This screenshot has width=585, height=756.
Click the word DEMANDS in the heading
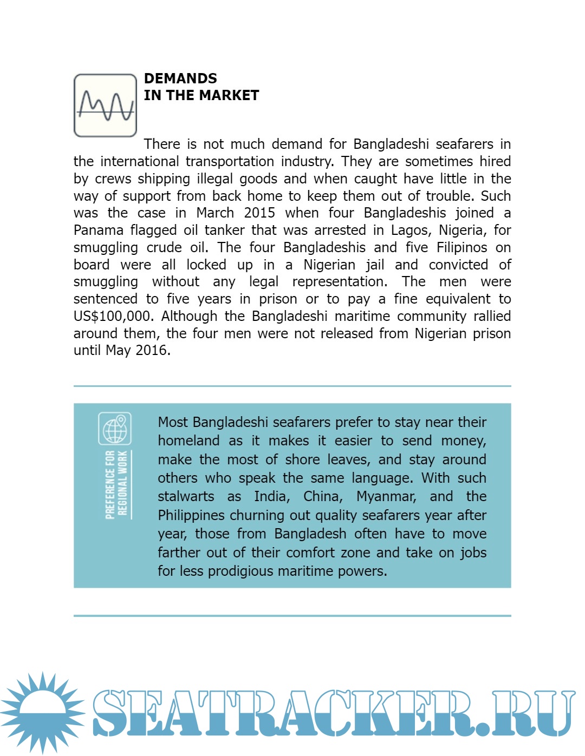click(x=180, y=78)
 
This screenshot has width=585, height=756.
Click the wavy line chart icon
click(x=105, y=105)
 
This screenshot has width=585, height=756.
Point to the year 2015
click(x=259, y=213)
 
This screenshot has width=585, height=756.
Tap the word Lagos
click(x=411, y=230)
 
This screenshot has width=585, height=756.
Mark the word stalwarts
click(x=186, y=496)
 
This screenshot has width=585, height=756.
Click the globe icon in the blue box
click(x=115, y=429)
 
